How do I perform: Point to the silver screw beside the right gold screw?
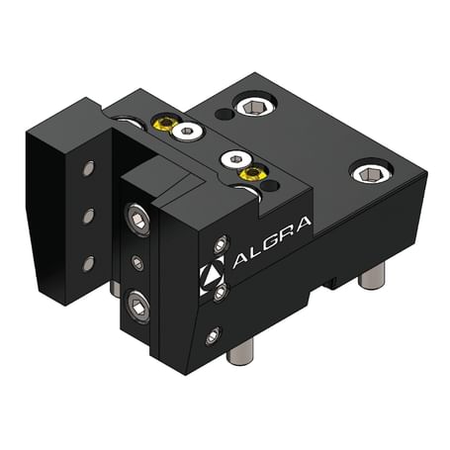(229, 158)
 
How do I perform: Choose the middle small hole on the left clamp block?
(88, 215)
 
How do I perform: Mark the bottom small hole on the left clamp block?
(88, 262)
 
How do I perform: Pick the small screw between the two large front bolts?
(138, 263)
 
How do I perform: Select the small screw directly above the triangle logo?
(220, 241)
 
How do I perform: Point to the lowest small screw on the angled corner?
(212, 336)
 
